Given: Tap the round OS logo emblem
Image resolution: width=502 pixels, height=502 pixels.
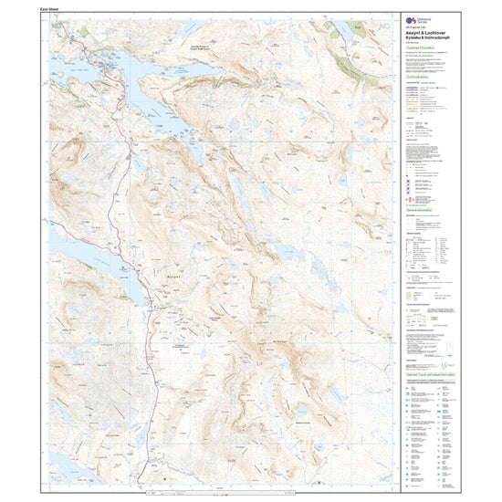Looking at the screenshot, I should tap(408, 18).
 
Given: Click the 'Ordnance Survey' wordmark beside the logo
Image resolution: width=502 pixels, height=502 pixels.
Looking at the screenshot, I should tap(423, 18).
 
